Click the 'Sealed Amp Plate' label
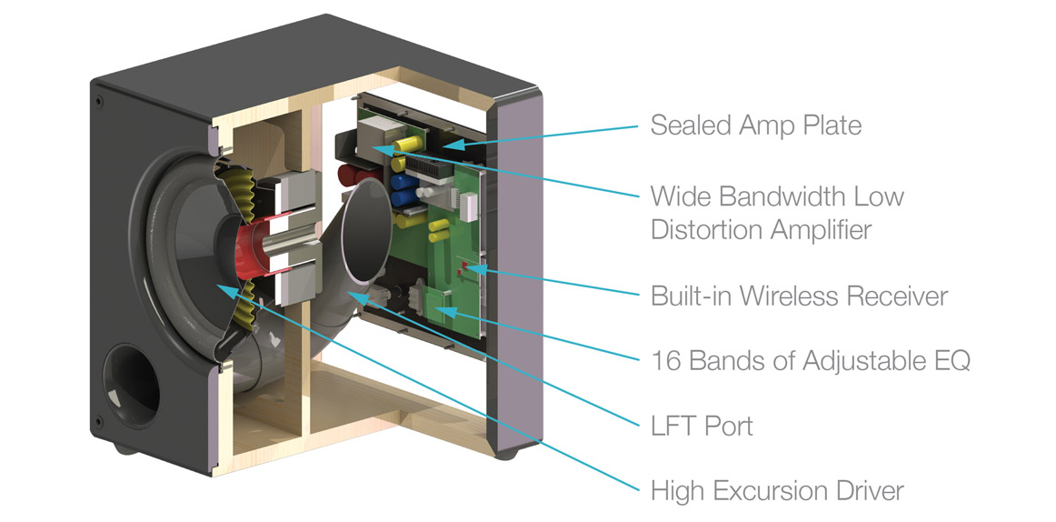point(755,125)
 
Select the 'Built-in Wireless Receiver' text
point(799,296)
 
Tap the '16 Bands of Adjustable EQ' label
point(811,360)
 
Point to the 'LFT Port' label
point(702,426)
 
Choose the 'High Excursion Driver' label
point(777,490)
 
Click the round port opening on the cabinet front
point(132,386)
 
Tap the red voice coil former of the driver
point(253,243)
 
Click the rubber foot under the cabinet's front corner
point(124,448)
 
